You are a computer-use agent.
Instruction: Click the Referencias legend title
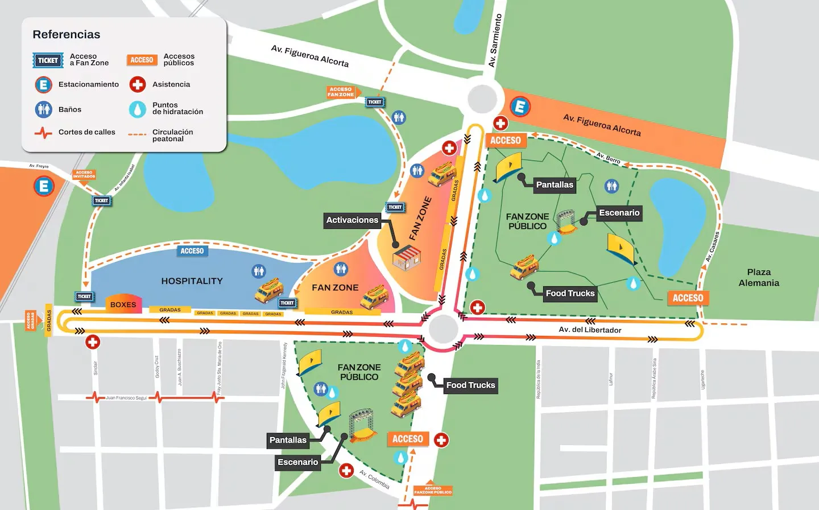coord(66,35)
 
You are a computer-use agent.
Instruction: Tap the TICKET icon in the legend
coord(48,60)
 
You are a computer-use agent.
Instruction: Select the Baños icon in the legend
coord(44,109)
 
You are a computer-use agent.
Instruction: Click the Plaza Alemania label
coord(759,278)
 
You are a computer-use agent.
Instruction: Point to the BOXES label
coord(123,305)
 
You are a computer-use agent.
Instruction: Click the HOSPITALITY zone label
coord(192,281)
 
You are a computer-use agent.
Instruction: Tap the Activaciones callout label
coord(352,220)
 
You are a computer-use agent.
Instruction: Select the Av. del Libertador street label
coord(590,330)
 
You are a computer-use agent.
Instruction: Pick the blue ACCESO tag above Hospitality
coord(192,251)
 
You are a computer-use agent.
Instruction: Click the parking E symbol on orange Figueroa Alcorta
coord(520,106)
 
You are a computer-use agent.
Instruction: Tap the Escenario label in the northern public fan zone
coord(619,213)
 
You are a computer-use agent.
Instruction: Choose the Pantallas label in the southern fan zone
coord(288,440)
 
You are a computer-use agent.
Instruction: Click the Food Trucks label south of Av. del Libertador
coord(470,385)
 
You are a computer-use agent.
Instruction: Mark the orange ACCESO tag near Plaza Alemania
coord(688,298)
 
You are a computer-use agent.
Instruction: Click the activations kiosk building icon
coord(406,258)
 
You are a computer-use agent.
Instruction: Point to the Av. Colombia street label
coord(374,479)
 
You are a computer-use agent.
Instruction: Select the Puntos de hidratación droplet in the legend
coord(138,109)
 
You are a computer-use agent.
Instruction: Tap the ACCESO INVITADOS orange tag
coord(84,174)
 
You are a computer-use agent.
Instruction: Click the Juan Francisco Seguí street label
coord(126,398)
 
